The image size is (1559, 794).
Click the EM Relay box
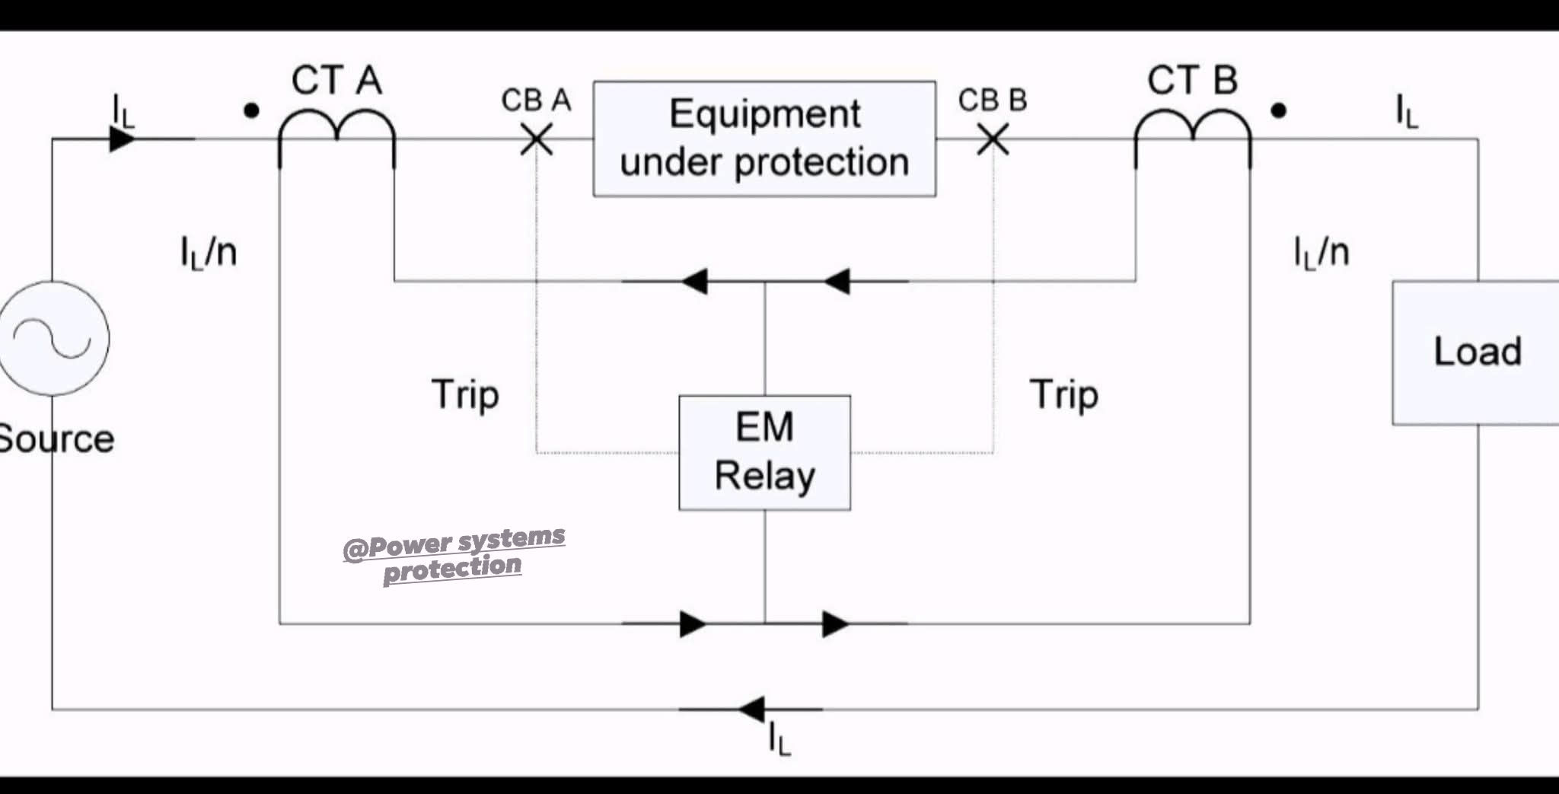[764, 452]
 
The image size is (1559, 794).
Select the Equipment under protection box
[764, 139]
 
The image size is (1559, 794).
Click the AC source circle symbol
[53, 338]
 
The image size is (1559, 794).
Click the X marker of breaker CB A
[537, 140]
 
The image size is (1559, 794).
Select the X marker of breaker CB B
[993, 140]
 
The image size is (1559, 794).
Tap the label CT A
[336, 80]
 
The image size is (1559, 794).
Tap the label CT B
[1192, 80]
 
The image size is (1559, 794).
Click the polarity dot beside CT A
[251, 111]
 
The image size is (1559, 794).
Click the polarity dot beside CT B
[1279, 111]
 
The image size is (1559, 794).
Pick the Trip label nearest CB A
[465, 395]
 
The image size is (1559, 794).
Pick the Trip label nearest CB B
[1063, 395]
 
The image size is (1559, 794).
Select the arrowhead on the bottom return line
[752, 709]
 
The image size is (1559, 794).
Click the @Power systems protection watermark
[454, 553]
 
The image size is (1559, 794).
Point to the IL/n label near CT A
[209, 252]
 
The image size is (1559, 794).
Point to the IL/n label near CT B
[1321, 252]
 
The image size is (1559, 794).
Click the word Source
[56, 439]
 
